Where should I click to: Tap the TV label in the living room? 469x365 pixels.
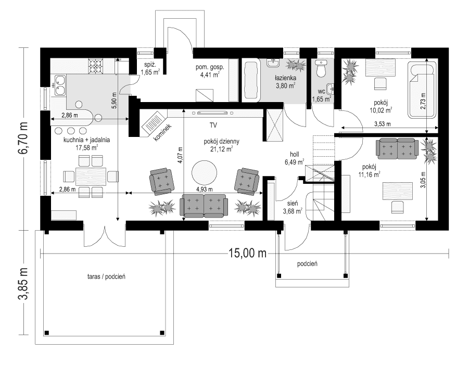[x=213, y=125]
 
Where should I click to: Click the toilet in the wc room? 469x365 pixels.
[x=321, y=68]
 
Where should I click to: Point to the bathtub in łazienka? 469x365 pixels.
[x=251, y=81]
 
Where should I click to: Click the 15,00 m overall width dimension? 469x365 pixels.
[x=247, y=253]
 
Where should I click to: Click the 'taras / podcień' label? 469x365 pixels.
[x=103, y=276]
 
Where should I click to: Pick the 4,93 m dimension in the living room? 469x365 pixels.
[x=205, y=190]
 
